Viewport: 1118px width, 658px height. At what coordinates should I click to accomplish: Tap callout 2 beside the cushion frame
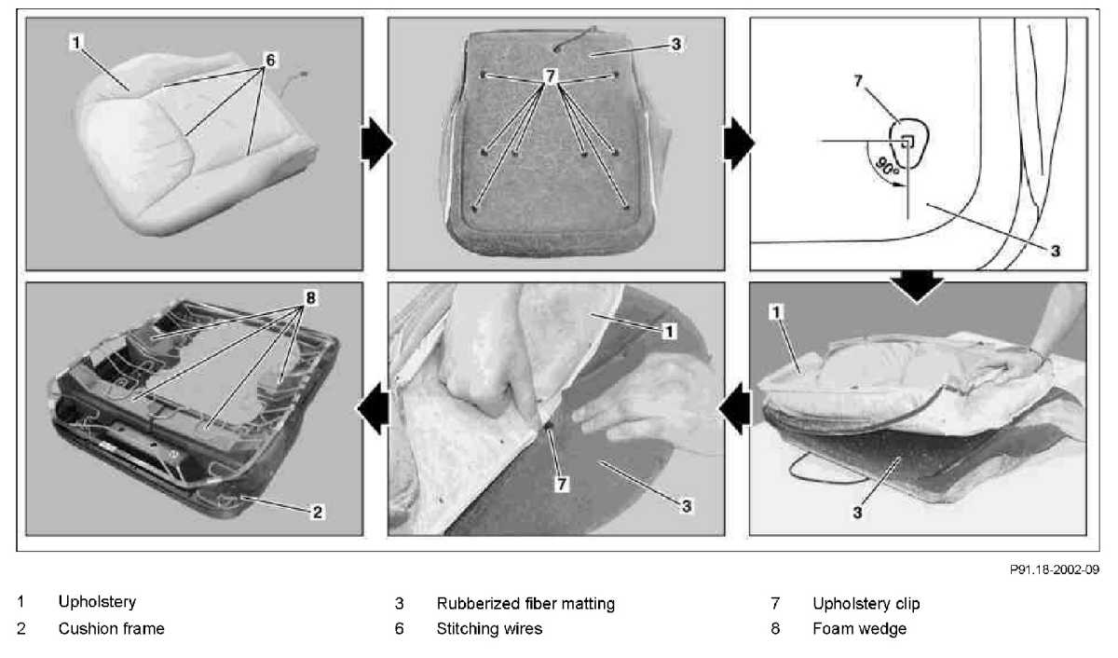[x=317, y=512]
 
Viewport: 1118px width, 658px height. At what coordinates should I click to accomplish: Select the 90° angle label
[x=886, y=168]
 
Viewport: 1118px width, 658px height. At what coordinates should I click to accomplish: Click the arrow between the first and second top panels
[x=375, y=145]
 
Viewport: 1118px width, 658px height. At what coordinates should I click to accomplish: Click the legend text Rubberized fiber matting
[x=525, y=604]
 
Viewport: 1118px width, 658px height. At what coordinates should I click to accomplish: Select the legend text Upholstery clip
[x=866, y=604]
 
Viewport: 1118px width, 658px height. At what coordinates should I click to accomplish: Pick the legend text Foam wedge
[x=859, y=629]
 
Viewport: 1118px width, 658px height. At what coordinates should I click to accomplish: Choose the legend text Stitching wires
[x=489, y=629]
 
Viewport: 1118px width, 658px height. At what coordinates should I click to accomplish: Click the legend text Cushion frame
[x=111, y=629]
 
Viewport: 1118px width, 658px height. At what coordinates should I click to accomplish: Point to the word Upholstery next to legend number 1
[x=97, y=602]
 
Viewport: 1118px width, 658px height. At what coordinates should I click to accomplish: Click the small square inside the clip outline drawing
[x=907, y=141]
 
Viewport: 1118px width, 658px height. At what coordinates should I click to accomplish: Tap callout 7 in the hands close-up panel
[x=561, y=484]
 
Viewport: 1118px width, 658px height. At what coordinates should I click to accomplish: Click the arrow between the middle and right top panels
[x=738, y=145]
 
